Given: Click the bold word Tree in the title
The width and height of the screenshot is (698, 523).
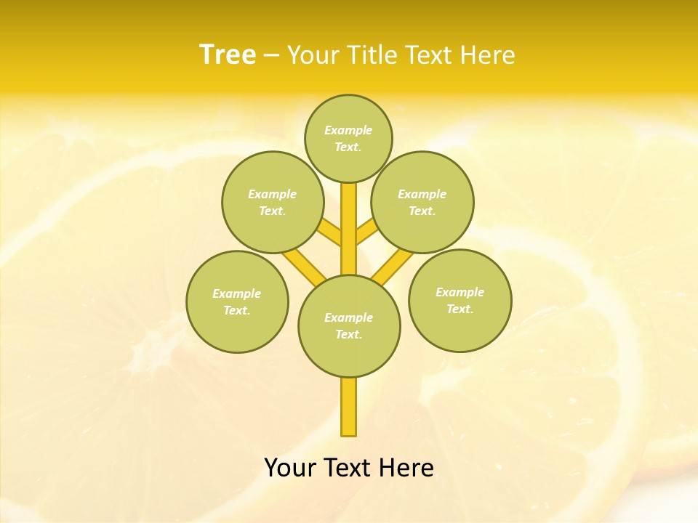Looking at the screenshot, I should point(228,54).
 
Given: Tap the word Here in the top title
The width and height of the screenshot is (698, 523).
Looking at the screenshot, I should point(487,55).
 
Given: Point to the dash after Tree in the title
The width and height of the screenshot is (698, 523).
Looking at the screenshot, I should point(272,55).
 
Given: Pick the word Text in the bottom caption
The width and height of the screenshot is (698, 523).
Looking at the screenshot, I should point(350,468).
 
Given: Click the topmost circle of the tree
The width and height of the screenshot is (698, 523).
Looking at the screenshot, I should point(348,138).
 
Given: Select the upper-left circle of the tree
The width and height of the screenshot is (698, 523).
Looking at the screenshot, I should point(273,202).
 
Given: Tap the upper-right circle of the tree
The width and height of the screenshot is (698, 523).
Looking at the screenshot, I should point(422,202).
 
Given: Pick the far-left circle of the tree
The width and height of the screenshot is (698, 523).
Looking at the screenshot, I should point(237,301).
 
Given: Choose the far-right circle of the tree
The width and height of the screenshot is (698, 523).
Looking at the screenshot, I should point(460,300).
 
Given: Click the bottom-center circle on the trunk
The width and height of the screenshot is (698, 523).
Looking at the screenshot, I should point(349,325).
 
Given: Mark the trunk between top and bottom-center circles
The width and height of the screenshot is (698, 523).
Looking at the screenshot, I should point(349,229).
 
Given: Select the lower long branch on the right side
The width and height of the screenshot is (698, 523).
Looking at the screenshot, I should point(393,266).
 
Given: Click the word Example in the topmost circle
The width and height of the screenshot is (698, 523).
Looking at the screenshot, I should point(348,130).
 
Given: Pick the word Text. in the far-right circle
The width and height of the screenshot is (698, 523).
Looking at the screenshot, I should point(460,309).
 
